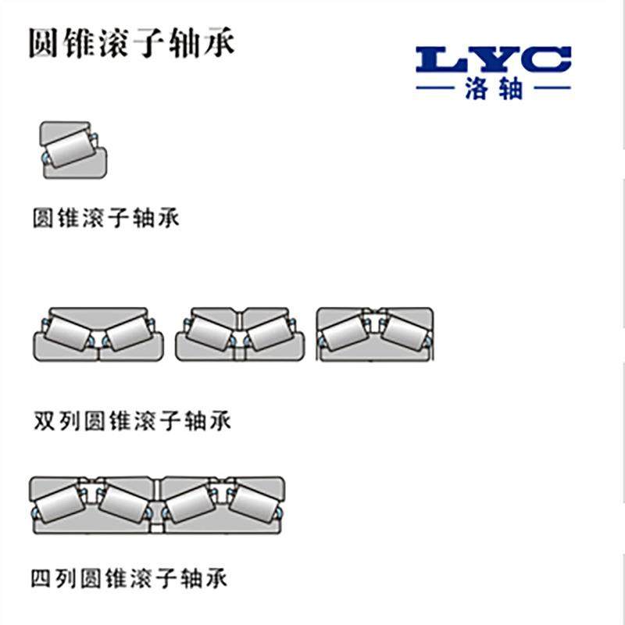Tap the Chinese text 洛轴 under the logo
[x=493, y=89]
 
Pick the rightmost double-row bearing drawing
[x=374, y=334]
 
